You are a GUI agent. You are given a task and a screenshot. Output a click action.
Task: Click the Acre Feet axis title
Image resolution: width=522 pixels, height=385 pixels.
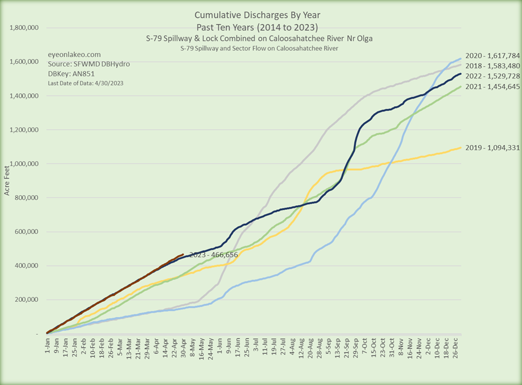tap(8, 177)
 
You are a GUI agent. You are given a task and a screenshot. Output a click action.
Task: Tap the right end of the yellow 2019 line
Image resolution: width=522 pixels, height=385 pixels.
tap(461, 148)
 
